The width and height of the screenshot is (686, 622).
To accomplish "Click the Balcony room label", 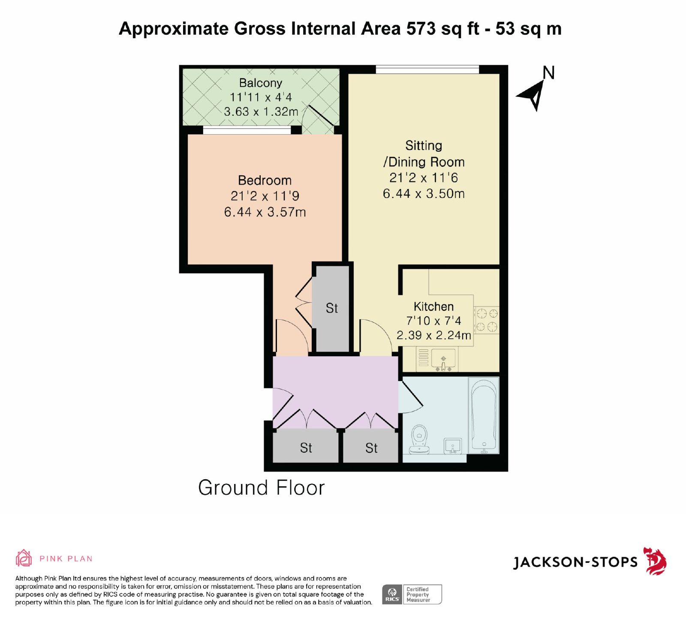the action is pyautogui.click(x=261, y=83).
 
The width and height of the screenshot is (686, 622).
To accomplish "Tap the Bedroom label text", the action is pyautogui.click(x=265, y=180).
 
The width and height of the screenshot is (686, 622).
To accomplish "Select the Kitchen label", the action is pyautogui.click(x=433, y=306).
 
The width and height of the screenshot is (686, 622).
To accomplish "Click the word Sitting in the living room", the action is pyautogui.click(x=424, y=146).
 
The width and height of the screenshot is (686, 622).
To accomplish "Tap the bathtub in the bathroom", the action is pyautogui.click(x=484, y=415).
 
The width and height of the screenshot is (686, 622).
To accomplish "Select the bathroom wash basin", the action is pyautogui.click(x=452, y=446).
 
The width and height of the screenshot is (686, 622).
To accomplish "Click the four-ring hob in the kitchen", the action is pyautogui.click(x=487, y=320).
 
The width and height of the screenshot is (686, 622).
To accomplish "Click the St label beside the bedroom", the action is pyautogui.click(x=332, y=308).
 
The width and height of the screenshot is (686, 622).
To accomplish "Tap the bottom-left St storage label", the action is pyautogui.click(x=306, y=448).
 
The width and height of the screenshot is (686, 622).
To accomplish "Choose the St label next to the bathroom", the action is pyautogui.click(x=371, y=448).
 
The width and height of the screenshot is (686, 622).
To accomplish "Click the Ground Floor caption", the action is pyautogui.click(x=262, y=488).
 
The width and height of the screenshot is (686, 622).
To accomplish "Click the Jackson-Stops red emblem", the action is pyautogui.click(x=655, y=561).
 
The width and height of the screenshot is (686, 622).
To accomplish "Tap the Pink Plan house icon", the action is pyautogui.click(x=24, y=558).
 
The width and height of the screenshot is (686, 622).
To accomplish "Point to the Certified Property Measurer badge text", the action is pyautogui.click(x=418, y=595).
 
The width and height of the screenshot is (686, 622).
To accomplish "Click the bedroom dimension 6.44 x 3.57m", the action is pyautogui.click(x=265, y=212).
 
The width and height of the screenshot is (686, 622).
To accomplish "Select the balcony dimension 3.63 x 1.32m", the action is pyautogui.click(x=261, y=112).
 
